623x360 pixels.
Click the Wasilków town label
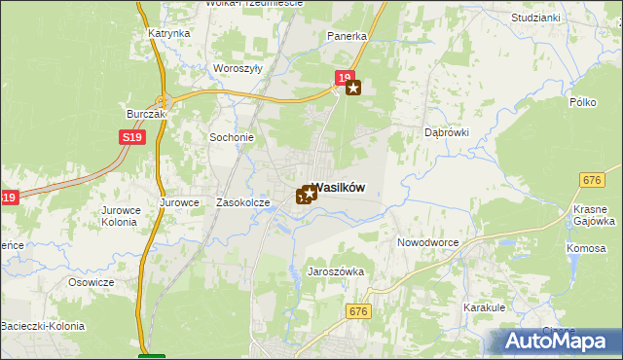[341, 191]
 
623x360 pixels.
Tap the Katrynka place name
[169, 33]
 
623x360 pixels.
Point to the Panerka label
[347, 36]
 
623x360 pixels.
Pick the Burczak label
[147, 114]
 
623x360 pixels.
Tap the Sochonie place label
[232, 137]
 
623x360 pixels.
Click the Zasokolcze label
[242, 202]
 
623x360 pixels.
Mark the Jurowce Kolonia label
[121, 215]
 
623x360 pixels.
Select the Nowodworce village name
[428, 242]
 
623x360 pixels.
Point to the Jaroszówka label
[335, 272]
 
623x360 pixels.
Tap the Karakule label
[484, 306]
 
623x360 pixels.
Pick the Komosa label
[586, 248]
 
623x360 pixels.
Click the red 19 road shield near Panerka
[343, 77]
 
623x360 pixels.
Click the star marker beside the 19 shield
[353, 88]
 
